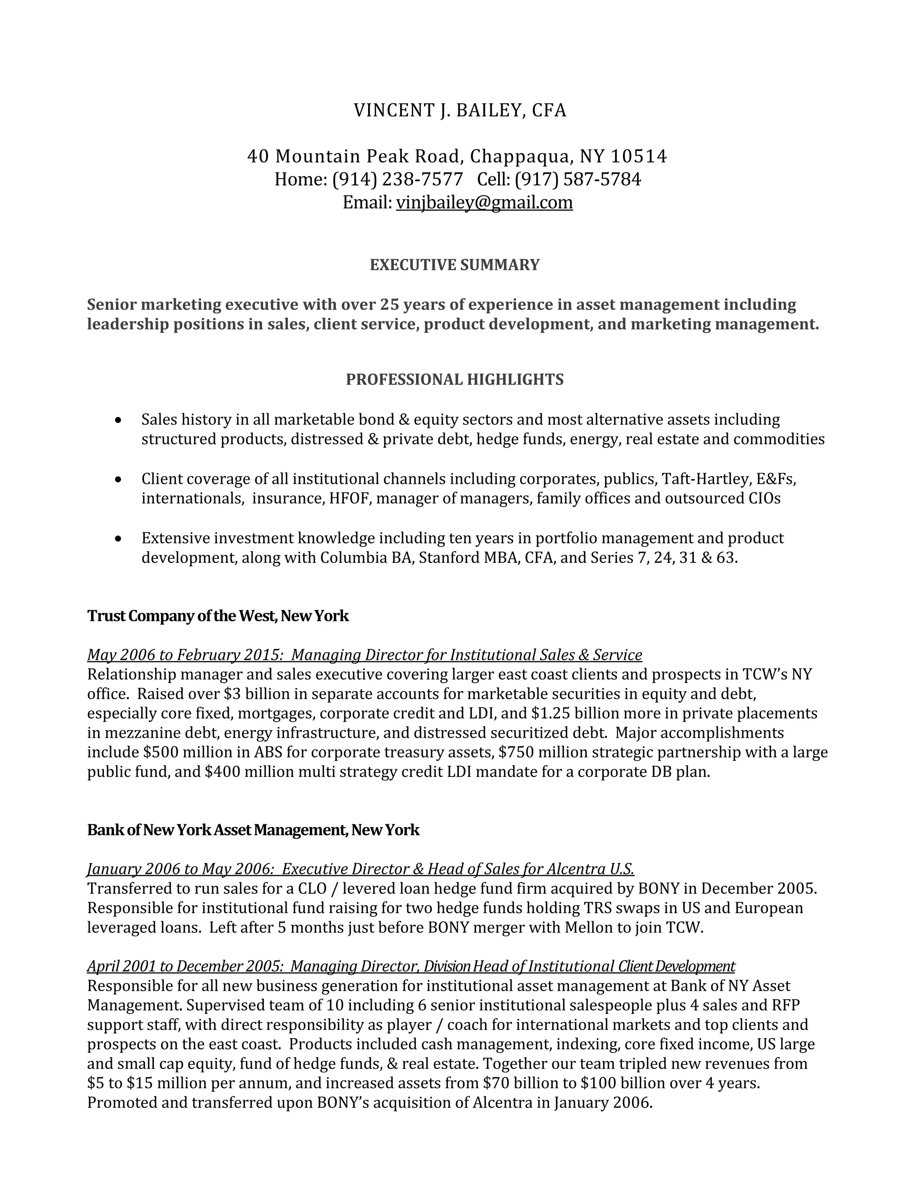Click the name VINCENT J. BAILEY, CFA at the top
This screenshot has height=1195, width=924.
point(460,110)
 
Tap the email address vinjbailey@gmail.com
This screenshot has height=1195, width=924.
point(484,202)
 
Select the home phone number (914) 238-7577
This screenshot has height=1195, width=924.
point(397,179)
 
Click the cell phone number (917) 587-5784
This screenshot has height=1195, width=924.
point(577,179)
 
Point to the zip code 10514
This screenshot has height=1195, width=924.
point(639,156)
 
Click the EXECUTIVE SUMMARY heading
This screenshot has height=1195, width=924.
point(454,265)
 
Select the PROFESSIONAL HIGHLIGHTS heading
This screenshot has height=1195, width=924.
point(454,379)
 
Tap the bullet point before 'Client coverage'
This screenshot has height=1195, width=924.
point(118,479)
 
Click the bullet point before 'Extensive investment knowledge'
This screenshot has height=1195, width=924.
point(118,538)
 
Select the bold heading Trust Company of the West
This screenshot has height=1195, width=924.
point(218,616)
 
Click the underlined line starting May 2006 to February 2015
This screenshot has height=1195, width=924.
point(364,655)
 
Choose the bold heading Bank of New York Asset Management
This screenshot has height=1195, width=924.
point(253,830)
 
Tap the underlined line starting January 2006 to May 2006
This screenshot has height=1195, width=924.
point(360,869)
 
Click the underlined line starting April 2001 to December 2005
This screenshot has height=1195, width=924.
point(411,966)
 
